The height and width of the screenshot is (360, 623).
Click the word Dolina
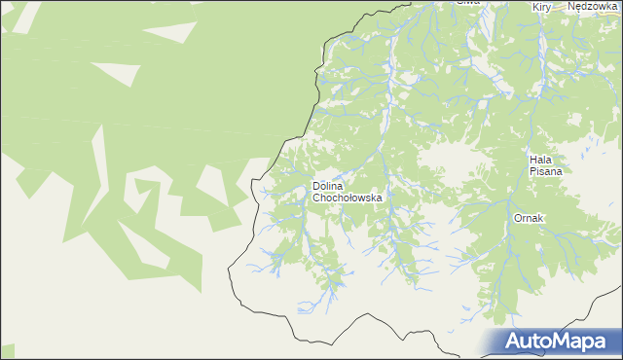(x=329, y=185)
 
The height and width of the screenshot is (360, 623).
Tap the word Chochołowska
(x=348, y=197)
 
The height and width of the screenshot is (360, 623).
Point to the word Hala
(x=542, y=159)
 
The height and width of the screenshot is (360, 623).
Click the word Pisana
(x=546, y=170)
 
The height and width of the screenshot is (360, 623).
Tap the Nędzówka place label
(x=593, y=6)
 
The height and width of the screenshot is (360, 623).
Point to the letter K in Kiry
(x=535, y=7)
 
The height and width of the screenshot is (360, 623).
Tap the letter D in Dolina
(x=315, y=185)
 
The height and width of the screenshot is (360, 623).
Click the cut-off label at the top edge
(x=469, y=3)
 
